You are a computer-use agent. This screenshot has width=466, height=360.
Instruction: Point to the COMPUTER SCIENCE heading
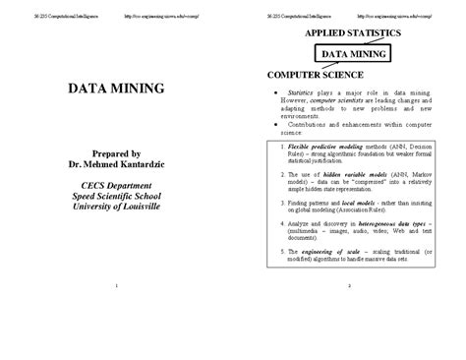click(x=314, y=75)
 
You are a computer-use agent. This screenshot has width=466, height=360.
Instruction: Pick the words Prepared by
click(x=116, y=153)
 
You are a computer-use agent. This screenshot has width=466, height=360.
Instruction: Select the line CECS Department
click(x=116, y=185)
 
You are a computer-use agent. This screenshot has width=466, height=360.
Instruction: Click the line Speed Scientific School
click(x=116, y=195)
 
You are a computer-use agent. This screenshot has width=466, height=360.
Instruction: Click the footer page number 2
click(x=350, y=285)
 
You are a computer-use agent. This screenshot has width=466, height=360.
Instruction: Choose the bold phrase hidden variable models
click(x=321, y=172)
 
